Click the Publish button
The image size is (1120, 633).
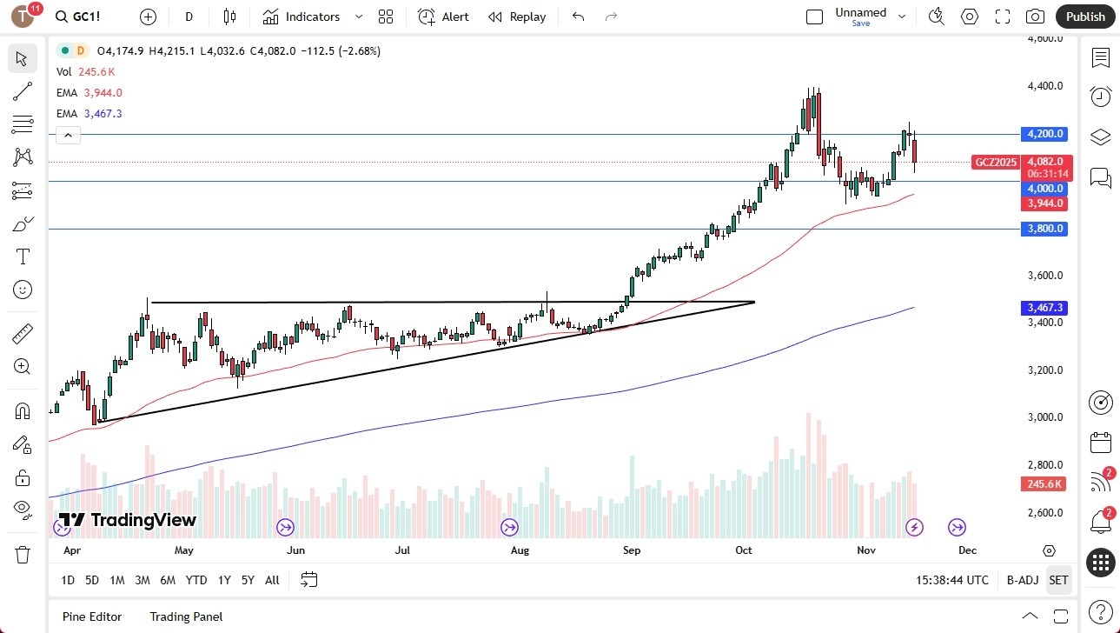click(1085, 17)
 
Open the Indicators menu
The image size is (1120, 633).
click(302, 17)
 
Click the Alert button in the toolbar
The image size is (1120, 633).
click(443, 17)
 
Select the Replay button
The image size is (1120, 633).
click(517, 17)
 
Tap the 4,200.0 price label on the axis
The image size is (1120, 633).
click(1045, 134)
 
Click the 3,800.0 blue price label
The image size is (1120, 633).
click(1045, 229)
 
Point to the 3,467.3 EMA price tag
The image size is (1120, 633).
click(1045, 308)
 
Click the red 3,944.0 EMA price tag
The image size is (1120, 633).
click(1045, 203)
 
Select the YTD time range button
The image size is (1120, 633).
click(196, 580)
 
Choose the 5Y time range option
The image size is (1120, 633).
click(248, 580)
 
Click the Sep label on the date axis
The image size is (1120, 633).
click(632, 550)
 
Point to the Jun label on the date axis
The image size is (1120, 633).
click(295, 550)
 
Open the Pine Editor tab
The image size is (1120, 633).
click(92, 616)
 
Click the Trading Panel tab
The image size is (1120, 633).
click(186, 616)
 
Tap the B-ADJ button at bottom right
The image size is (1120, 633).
click(1023, 580)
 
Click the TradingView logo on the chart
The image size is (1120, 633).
click(128, 520)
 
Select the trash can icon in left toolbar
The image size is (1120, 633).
click(23, 555)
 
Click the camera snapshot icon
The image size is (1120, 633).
click(1035, 17)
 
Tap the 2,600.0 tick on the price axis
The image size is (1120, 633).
click(1045, 513)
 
